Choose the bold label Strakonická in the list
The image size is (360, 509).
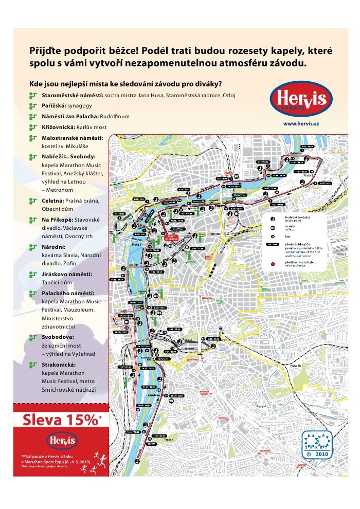pyautogui.click(x=59, y=363)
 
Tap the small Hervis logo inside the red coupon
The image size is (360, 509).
pyautogui.click(x=61, y=440)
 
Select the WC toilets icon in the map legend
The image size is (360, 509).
pyautogui.click(x=273, y=228)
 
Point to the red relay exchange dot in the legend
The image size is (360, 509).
pyautogui.click(x=273, y=264)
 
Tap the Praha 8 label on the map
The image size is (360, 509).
pyautogui.click(x=309, y=175)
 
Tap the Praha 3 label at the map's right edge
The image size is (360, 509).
pyautogui.click(x=341, y=254)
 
